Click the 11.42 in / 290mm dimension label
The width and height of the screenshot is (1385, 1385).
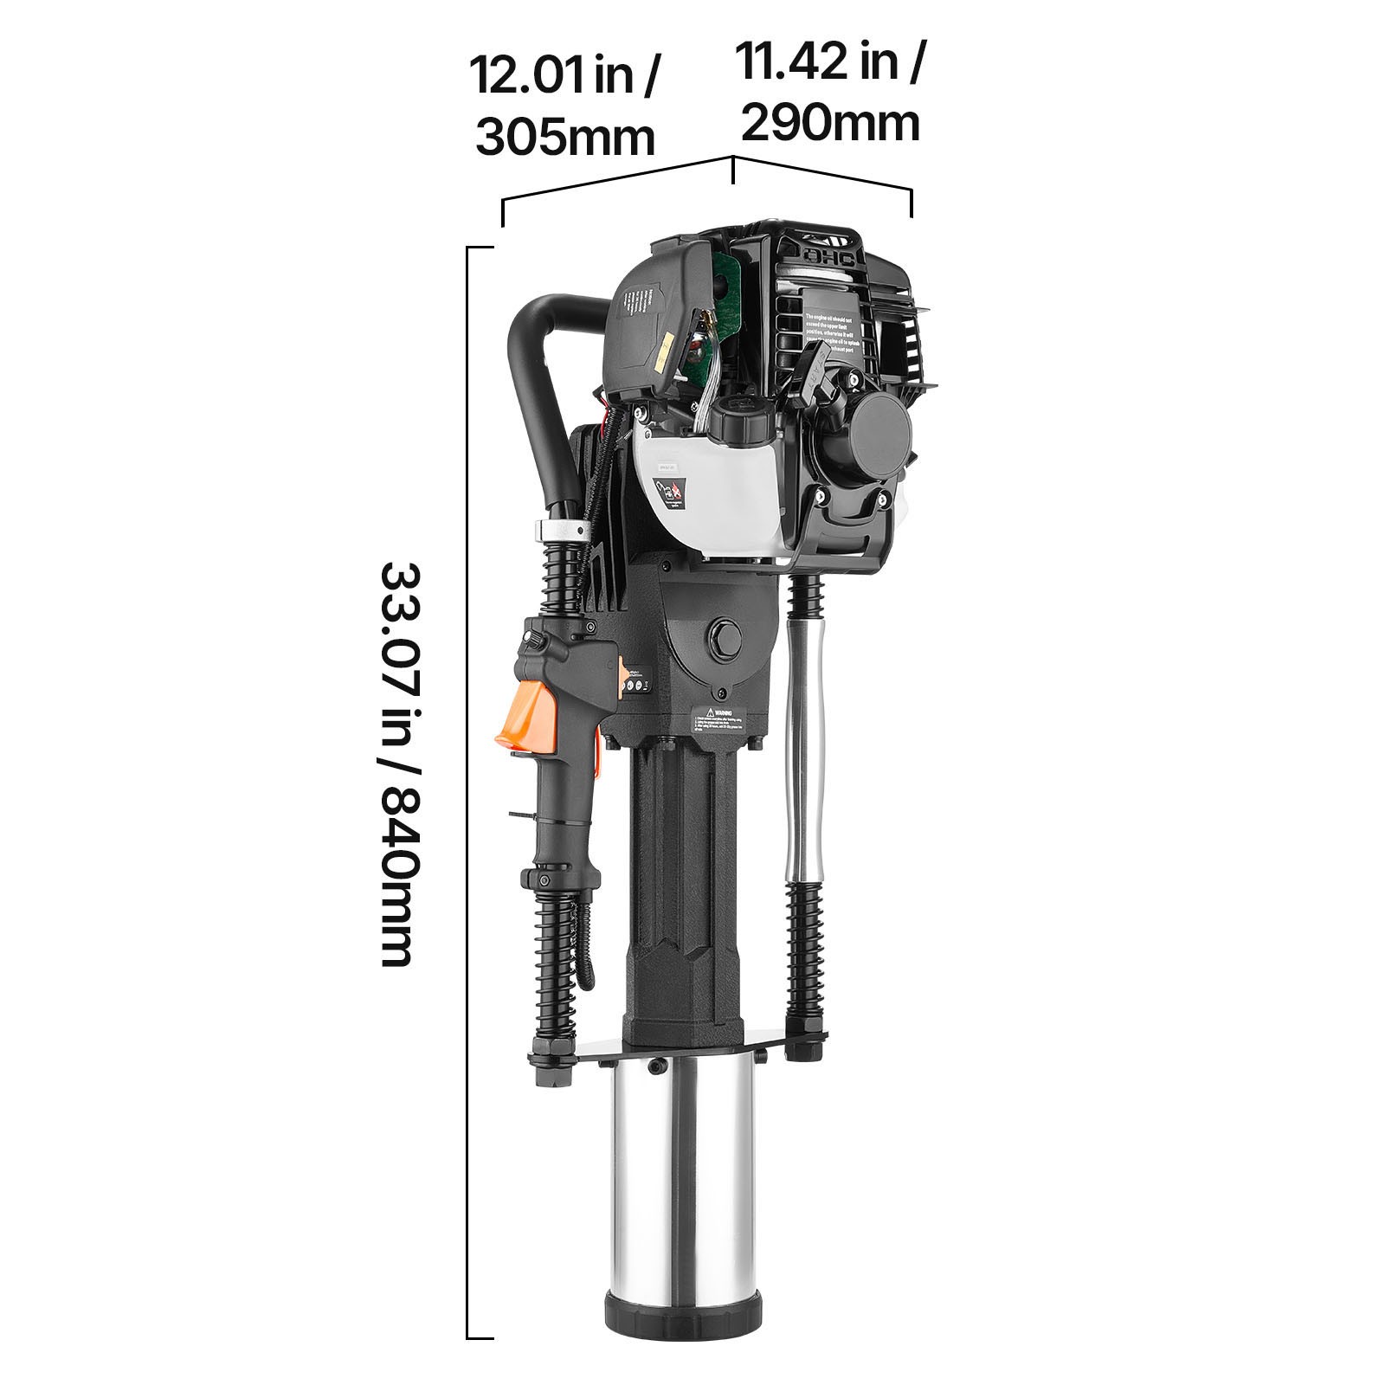[x=829, y=91]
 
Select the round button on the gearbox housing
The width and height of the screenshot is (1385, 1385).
[x=724, y=639]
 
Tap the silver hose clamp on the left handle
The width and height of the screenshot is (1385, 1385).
[x=561, y=528]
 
